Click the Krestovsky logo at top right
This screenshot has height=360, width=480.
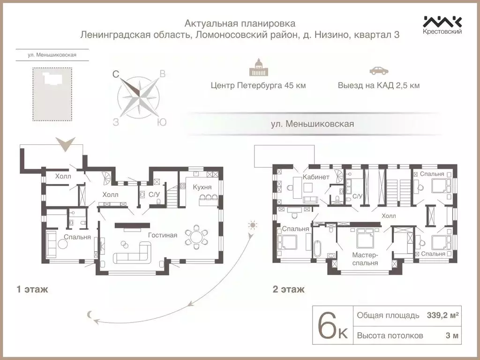point(442,25)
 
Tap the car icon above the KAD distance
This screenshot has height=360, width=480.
point(379,71)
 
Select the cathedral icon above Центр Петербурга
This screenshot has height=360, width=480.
point(258,68)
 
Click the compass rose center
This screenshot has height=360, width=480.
point(139,96)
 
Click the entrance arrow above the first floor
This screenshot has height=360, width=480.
point(65,144)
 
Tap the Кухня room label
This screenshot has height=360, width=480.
point(202,187)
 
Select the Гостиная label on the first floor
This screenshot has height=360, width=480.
point(162,235)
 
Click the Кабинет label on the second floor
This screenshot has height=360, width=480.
point(316,177)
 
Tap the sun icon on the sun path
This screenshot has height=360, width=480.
point(253,226)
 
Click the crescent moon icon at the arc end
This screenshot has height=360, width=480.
point(89,315)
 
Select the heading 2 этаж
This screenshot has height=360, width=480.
point(288,289)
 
